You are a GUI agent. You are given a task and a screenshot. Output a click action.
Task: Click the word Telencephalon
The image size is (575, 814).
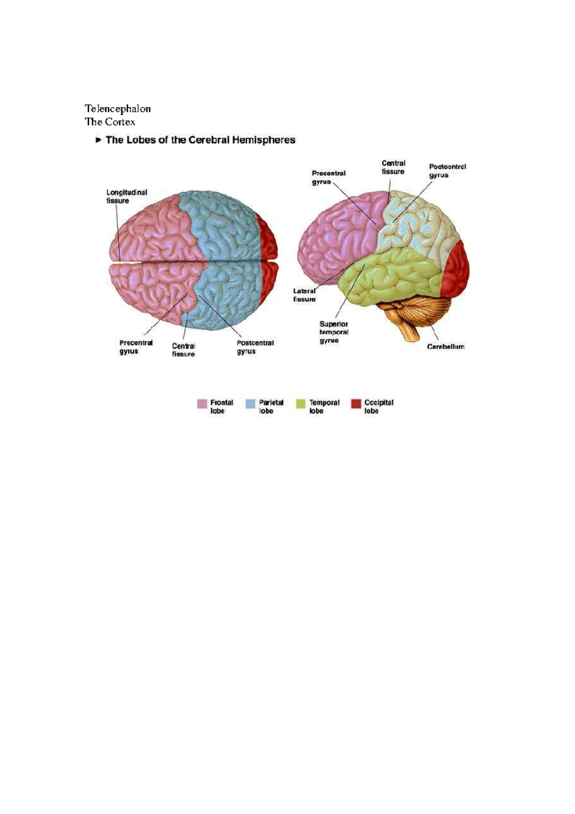[117, 108]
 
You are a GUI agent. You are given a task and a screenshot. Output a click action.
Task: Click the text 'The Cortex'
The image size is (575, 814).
[110, 122]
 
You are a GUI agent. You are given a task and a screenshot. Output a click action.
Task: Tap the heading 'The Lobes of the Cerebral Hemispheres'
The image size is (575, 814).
[200, 140]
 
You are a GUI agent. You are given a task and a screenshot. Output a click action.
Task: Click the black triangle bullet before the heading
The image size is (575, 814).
[98, 140]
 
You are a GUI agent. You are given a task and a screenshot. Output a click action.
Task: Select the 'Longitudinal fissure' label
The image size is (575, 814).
[126, 197]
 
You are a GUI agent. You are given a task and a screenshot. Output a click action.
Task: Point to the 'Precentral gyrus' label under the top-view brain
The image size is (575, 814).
[136, 347]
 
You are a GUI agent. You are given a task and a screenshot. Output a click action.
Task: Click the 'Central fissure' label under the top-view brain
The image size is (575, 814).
[184, 349]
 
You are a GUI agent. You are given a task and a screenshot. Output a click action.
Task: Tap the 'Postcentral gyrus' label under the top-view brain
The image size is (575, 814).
[255, 347]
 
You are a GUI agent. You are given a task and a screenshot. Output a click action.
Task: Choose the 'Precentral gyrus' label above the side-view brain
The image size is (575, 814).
[328, 177]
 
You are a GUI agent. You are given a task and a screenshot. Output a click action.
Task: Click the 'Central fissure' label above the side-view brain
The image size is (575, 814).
[393, 167]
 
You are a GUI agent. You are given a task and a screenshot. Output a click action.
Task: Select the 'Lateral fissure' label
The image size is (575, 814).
[304, 295]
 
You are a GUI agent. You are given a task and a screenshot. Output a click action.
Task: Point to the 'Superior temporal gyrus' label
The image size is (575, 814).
[333, 332]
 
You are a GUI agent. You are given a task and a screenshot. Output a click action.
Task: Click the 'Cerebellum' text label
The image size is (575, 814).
[445, 347]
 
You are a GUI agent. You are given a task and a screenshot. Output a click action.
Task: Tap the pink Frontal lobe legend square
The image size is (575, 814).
[202, 404]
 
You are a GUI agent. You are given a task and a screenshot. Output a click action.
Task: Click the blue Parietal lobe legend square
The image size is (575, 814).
[251, 404]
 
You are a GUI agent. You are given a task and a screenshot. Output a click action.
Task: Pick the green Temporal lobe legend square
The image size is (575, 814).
[301, 404]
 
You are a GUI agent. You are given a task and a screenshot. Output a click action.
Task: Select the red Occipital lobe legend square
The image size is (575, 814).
[356, 404]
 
